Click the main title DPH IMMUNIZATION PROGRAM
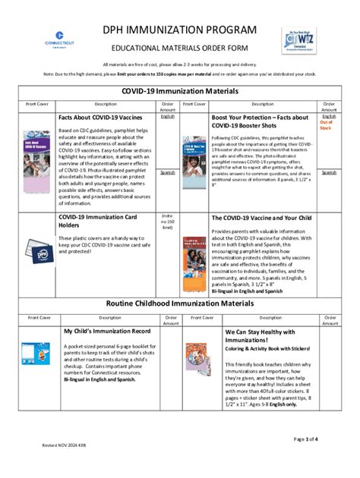180,30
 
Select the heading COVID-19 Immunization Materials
180,91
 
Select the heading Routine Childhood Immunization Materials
180,303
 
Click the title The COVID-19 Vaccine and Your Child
261,218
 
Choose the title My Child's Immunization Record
107,332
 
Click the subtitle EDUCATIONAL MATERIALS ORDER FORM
180,47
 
